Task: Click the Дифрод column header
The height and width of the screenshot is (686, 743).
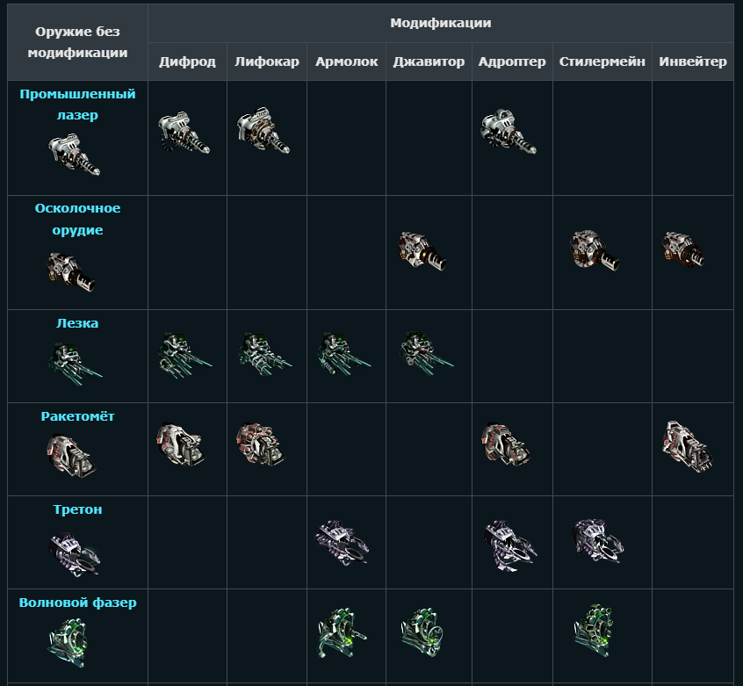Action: coord(187,61)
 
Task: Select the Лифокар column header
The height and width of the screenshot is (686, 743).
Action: coord(267,61)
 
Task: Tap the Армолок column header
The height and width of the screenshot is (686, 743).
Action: coord(346,61)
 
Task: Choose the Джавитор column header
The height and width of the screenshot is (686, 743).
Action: coord(429,61)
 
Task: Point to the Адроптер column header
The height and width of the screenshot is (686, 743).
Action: coord(512,61)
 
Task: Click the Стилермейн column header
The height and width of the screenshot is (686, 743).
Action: coord(602,61)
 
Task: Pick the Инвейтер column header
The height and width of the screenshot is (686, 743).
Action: coord(693,61)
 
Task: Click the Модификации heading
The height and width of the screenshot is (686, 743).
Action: coord(441,23)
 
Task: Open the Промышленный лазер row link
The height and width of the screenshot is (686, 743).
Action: coord(77,105)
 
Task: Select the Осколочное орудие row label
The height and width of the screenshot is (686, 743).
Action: coord(77,219)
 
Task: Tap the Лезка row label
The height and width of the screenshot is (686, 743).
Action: coord(77,323)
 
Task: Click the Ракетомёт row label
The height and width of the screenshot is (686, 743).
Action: coord(77,416)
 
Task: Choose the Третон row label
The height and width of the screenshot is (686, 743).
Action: coord(77,509)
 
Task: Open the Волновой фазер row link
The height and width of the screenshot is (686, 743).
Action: coord(77,603)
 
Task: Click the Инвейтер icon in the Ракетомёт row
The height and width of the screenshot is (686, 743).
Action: coord(687,447)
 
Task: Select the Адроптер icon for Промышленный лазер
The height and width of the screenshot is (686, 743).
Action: coord(508,131)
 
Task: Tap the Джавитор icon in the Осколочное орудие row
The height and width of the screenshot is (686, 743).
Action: coord(422,250)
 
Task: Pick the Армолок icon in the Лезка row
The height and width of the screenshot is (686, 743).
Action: coord(344,353)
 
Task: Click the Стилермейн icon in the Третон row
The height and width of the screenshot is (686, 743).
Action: coord(597,540)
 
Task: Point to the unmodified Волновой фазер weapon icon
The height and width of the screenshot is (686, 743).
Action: coord(68,642)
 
